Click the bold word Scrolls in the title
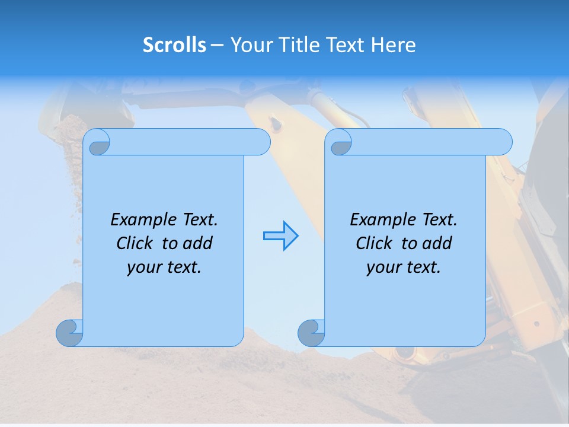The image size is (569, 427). (x=174, y=45)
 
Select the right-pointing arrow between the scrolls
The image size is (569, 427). (x=280, y=236)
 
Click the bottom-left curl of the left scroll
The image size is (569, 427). (x=69, y=332)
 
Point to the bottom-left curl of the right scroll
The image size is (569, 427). (x=311, y=332)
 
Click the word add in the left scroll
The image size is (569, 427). (x=197, y=244)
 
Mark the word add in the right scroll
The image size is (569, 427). (x=437, y=244)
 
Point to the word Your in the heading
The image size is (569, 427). (x=248, y=45)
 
